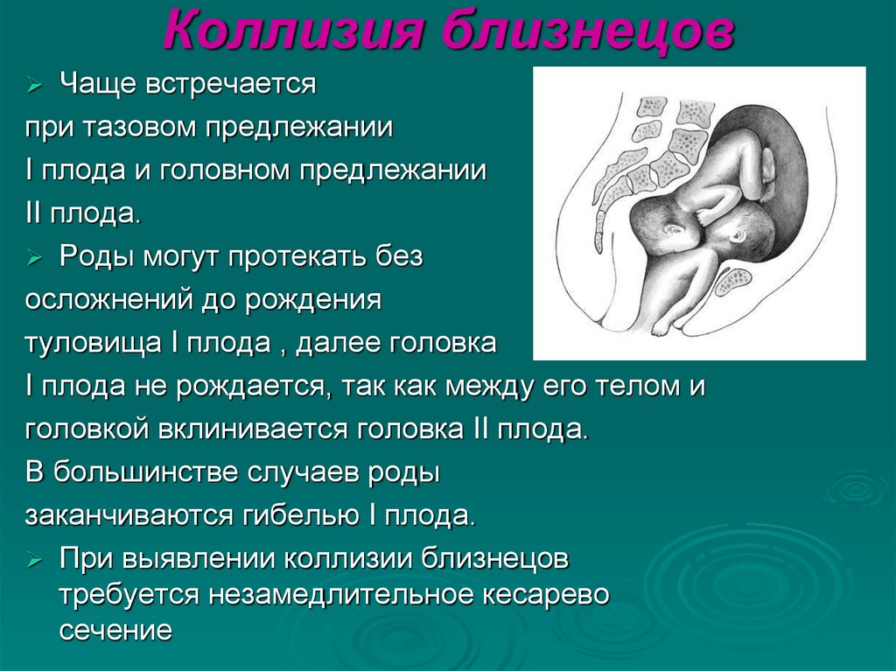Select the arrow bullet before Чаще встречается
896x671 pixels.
click(35, 87)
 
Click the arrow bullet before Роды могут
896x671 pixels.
click(35, 258)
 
